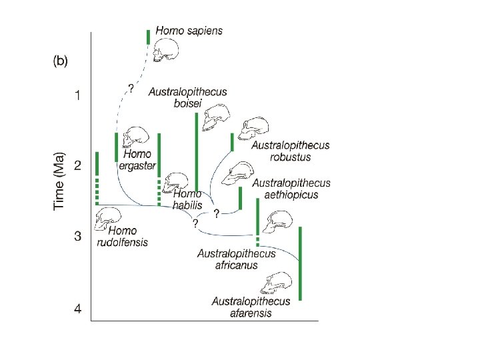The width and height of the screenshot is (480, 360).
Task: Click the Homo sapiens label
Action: [x=189, y=30]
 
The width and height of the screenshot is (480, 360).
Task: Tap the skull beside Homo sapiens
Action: [x=167, y=51]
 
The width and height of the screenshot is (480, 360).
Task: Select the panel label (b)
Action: [x=61, y=61]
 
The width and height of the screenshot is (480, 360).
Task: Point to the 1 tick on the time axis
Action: [x=78, y=95]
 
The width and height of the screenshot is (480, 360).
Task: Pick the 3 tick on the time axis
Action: [x=78, y=236]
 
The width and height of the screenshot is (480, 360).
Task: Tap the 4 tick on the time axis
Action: [x=78, y=309]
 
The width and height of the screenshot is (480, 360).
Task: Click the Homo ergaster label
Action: [x=138, y=160]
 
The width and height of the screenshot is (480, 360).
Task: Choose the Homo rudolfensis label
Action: [x=123, y=237]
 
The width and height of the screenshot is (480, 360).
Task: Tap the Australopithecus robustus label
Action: [x=290, y=151]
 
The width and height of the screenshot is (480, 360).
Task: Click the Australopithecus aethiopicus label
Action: [x=291, y=189]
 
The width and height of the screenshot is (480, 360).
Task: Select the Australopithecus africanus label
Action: [x=236, y=259]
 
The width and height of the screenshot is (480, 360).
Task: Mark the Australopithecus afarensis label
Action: [x=251, y=307]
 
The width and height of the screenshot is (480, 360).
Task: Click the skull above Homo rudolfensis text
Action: [x=109, y=217]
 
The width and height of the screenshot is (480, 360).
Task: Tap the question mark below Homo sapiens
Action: [x=131, y=88]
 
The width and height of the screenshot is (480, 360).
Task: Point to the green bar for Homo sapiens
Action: [x=148, y=37]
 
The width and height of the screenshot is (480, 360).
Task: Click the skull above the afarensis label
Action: [x=277, y=283]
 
